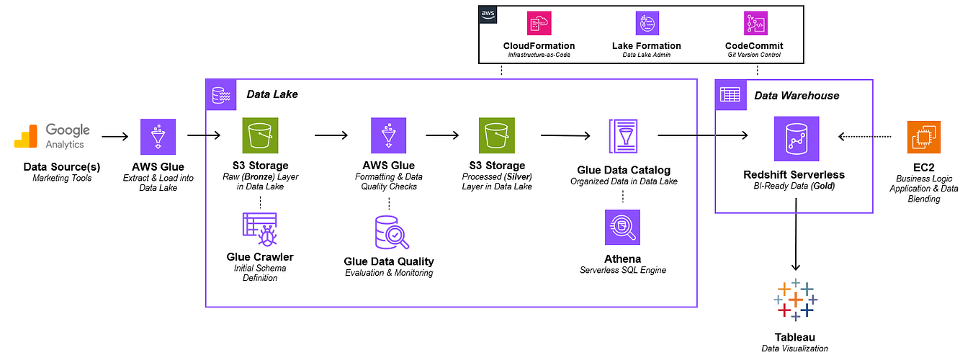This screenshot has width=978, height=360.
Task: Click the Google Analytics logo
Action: click(53, 135)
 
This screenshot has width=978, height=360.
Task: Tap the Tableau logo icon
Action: click(795, 300)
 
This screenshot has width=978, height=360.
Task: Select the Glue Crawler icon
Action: click(260, 229)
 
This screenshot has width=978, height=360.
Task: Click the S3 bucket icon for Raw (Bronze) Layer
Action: click(260, 136)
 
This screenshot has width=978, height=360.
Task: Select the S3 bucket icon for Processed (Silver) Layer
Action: click(496, 136)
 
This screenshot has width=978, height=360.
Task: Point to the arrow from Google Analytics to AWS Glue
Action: click(115, 135)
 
